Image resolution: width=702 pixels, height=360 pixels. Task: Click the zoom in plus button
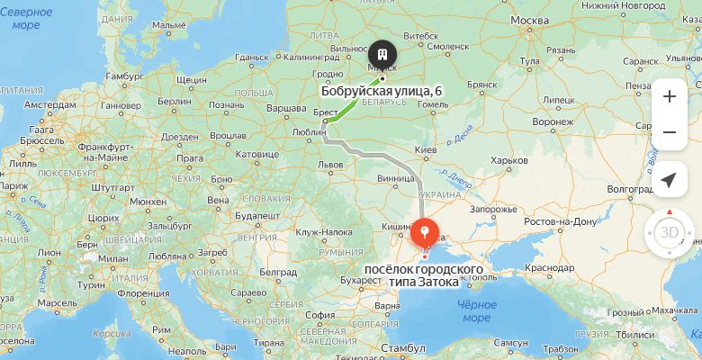[x=669, y=96]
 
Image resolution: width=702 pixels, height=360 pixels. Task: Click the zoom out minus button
[x=669, y=133]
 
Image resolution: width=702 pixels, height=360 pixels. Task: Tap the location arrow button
[x=669, y=180]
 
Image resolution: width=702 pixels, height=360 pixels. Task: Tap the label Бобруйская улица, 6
[x=382, y=91]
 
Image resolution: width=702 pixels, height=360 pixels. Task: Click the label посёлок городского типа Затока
[x=423, y=275]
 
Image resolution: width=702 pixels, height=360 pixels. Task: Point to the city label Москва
[x=529, y=20]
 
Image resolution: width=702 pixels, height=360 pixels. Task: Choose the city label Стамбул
[x=403, y=347]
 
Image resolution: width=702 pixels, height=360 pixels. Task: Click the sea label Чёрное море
[x=476, y=310]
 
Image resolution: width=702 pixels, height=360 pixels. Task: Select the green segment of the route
[x=350, y=104]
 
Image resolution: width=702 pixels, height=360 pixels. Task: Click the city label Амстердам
[x=50, y=104]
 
